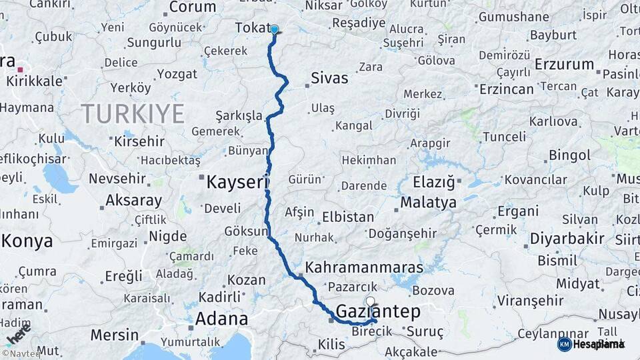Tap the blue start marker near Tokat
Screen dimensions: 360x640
click(x=274, y=29)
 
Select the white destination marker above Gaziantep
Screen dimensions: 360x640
click(x=371, y=301)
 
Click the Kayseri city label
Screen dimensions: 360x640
click(x=237, y=181)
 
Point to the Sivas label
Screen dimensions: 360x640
click(x=329, y=78)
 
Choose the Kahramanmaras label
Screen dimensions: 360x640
click(x=364, y=267)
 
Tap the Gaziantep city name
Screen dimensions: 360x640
click(x=378, y=311)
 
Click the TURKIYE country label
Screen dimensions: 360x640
click(x=133, y=113)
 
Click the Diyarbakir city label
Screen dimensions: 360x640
click(x=567, y=239)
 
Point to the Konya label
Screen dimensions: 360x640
click(x=27, y=241)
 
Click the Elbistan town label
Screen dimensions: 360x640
click(x=348, y=217)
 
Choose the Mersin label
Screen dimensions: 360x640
click(x=115, y=335)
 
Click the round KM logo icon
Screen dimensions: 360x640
click(x=565, y=344)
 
